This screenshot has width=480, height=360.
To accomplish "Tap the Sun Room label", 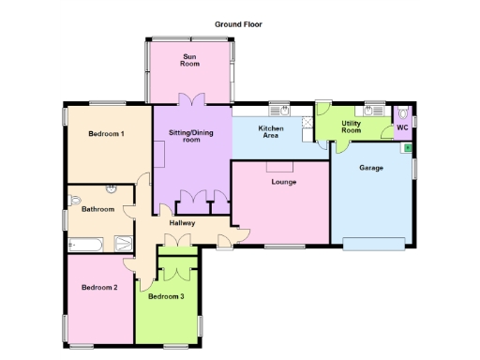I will (190, 61).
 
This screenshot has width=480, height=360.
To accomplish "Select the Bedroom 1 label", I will (106, 134).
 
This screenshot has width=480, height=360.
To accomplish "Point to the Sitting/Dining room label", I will (190, 137).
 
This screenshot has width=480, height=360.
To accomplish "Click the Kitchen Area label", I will (271, 132).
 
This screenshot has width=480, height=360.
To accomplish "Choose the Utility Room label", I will (352, 127).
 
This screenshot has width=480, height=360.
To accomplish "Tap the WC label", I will (402, 127).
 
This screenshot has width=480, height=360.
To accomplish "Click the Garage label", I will (371, 168).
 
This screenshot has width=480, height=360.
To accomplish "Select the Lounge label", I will (284, 181).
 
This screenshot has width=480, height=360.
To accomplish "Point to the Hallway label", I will (182, 223).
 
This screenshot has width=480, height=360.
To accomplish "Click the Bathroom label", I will (97, 209).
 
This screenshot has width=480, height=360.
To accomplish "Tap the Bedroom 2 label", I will (98, 287).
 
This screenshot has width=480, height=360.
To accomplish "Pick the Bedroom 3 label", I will (166, 296).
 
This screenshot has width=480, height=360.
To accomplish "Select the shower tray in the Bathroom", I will (125, 244).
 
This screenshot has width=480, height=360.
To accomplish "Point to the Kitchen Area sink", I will (278, 109).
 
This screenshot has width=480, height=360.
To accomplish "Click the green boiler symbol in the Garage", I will (408, 147).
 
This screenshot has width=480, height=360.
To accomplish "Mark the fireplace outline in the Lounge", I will (278, 166).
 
